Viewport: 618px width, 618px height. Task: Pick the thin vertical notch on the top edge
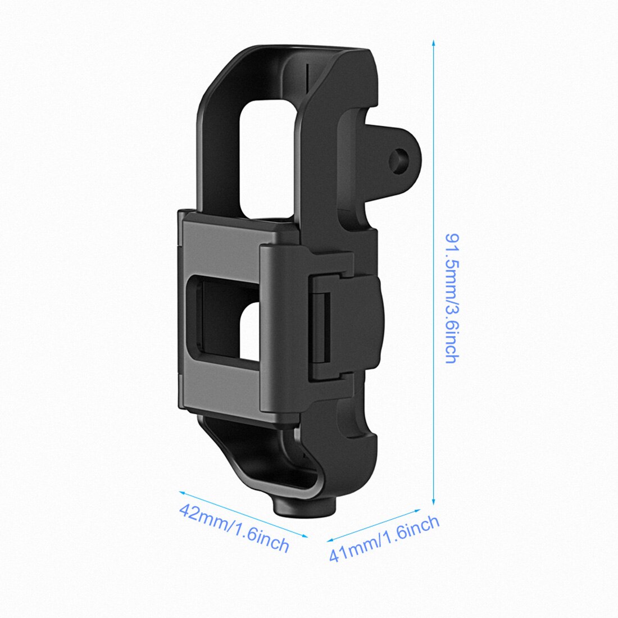[308, 76]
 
